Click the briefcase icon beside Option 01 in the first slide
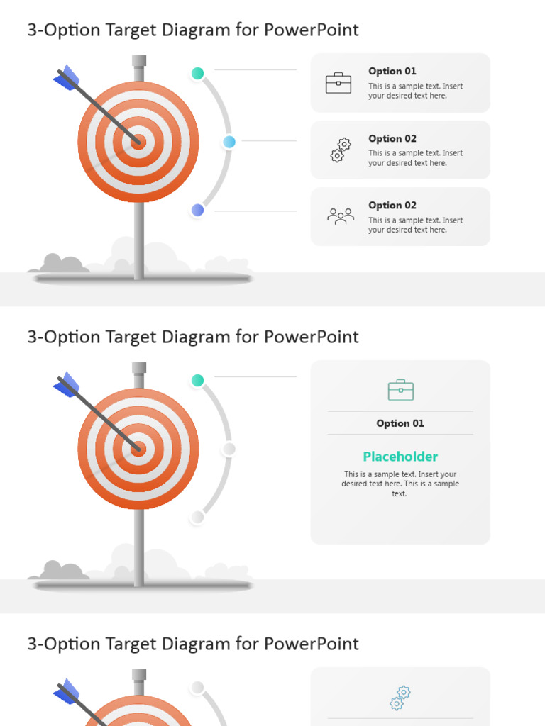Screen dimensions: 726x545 (338, 83)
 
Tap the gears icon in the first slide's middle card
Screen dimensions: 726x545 (341, 150)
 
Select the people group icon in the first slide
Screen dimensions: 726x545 (341, 216)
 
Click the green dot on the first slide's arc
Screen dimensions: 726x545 (198, 73)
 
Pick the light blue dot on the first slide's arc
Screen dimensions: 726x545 (229, 142)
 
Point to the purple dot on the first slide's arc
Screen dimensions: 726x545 (198, 210)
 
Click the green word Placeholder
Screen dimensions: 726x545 (400, 457)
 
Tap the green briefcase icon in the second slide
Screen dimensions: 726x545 (400, 390)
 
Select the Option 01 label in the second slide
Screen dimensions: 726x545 (400, 423)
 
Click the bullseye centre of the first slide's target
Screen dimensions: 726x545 (138, 142)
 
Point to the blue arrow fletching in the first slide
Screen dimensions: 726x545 (67, 77)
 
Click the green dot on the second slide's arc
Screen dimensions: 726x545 (198, 381)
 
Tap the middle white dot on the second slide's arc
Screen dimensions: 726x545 (229, 449)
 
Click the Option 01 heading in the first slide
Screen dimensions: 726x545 (392, 71)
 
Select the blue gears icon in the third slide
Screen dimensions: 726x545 (400, 698)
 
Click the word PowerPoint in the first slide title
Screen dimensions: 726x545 (312, 30)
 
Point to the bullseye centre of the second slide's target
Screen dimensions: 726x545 (138, 449)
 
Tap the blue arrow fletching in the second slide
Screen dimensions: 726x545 (67, 384)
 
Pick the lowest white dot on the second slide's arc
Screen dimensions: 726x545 (198, 518)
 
